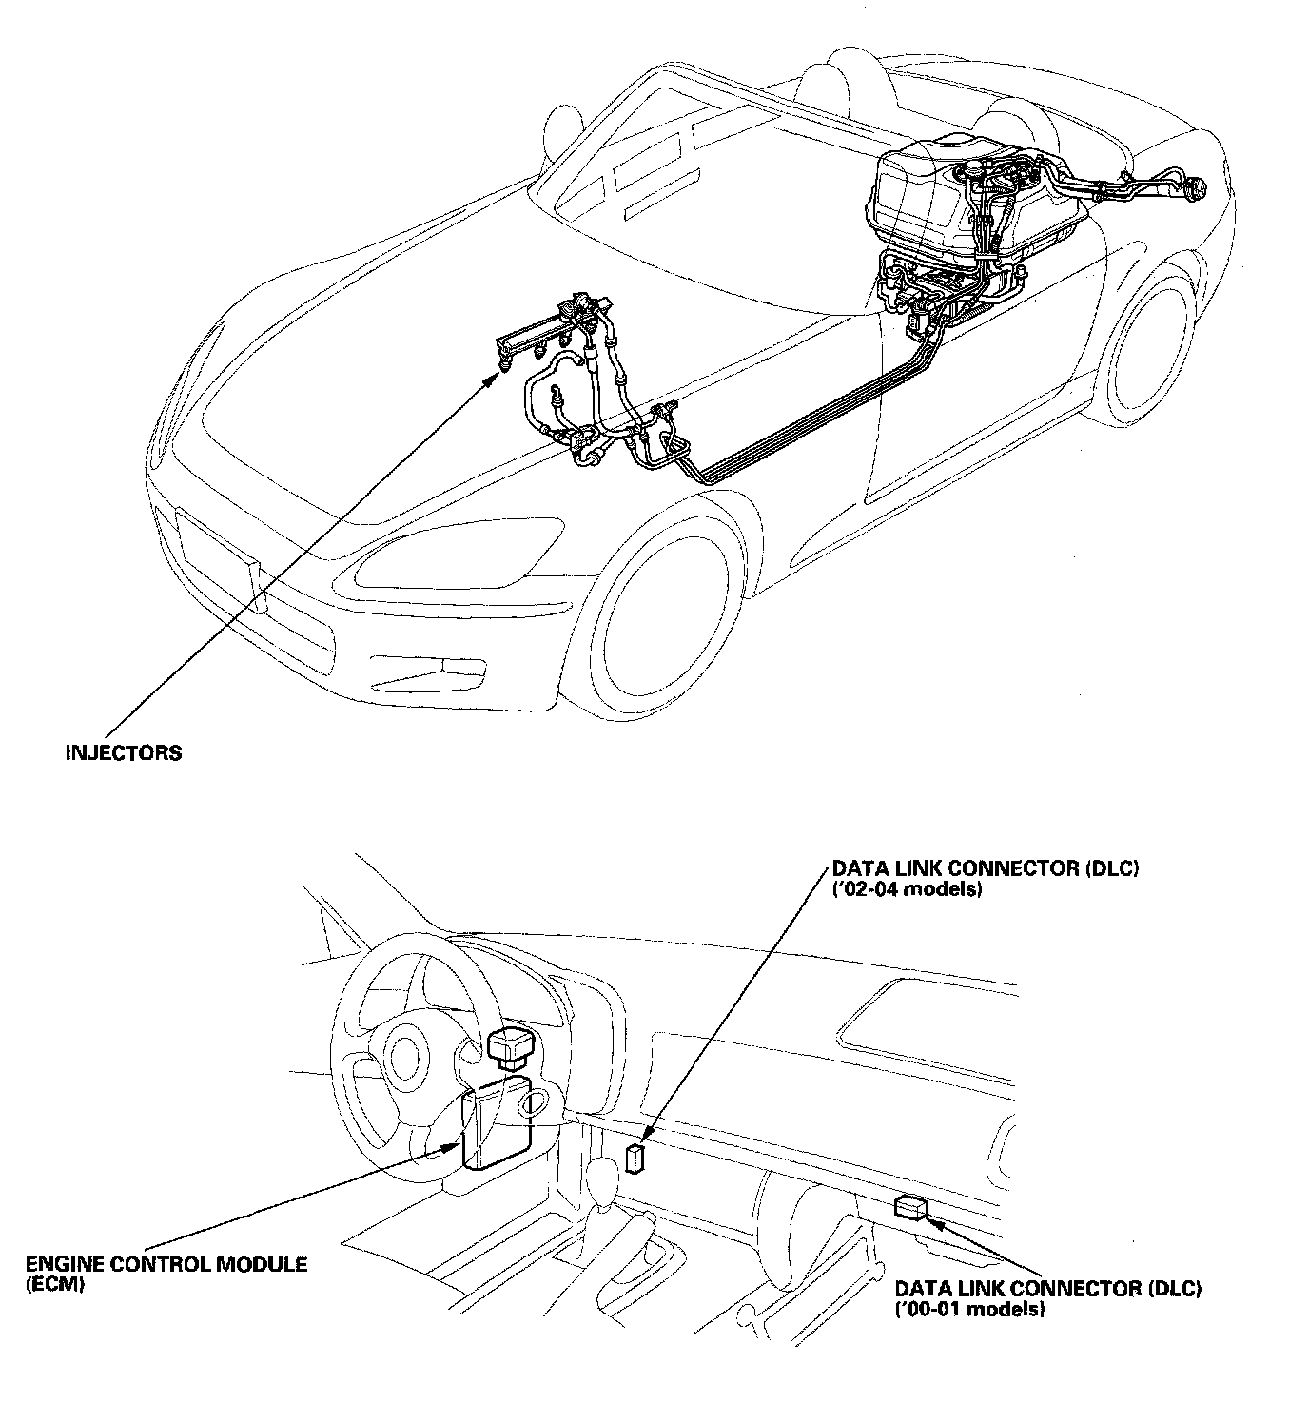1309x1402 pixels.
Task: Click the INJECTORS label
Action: point(123,752)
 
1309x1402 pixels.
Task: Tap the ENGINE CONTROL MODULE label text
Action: point(166,1264)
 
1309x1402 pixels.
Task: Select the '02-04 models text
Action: point(907,891)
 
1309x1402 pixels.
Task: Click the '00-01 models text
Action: point(970,1309)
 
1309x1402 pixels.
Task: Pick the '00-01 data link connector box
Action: point(911,1208)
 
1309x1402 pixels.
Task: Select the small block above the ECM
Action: point(508,1046)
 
